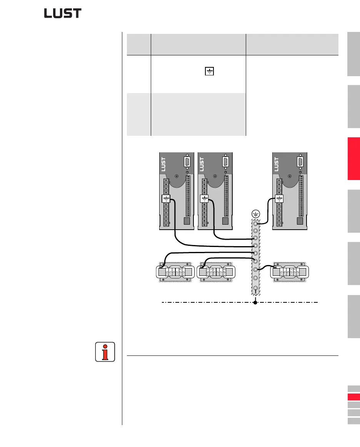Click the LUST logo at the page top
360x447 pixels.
coord(63,13)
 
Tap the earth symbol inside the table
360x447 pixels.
coord(208,72)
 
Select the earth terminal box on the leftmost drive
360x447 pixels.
coord(166,199)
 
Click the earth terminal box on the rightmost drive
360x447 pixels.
coord(279,199)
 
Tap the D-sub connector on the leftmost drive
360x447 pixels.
coord(187,162)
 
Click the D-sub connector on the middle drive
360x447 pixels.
coord(226,162)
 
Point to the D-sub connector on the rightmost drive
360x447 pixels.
coord(300,162)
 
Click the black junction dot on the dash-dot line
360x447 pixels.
coord(255,302)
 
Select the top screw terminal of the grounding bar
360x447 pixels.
coord(255,223)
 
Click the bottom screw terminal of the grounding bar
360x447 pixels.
coord(255,288)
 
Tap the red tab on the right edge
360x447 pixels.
coord(354,158)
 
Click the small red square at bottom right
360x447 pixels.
coord(353,397)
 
